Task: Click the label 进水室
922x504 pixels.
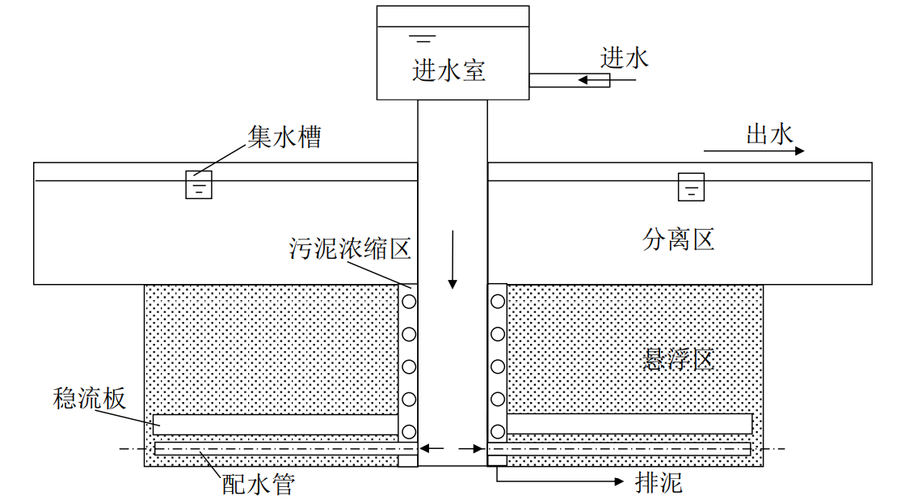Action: [x=448, y=70]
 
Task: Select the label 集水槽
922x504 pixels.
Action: [x=284, y=137]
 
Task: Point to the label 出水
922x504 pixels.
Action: [x=769, y=134]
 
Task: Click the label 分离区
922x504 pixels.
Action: [x=679, y=239]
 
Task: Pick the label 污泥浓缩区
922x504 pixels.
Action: [x=350, y=248]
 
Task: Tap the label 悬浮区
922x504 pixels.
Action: [x=679, y=358]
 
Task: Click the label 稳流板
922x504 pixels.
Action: [x=89, y=398]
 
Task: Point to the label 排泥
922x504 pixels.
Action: [x=659, y=483]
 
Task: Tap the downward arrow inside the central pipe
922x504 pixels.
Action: [x=453, y=259]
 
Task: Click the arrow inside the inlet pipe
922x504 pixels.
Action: [x=592, y=79]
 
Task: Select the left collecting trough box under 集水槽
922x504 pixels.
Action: [x=199, y=184]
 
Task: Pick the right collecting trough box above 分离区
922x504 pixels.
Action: [x=691, y=187]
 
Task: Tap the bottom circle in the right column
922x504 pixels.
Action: [x=498, y=431]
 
